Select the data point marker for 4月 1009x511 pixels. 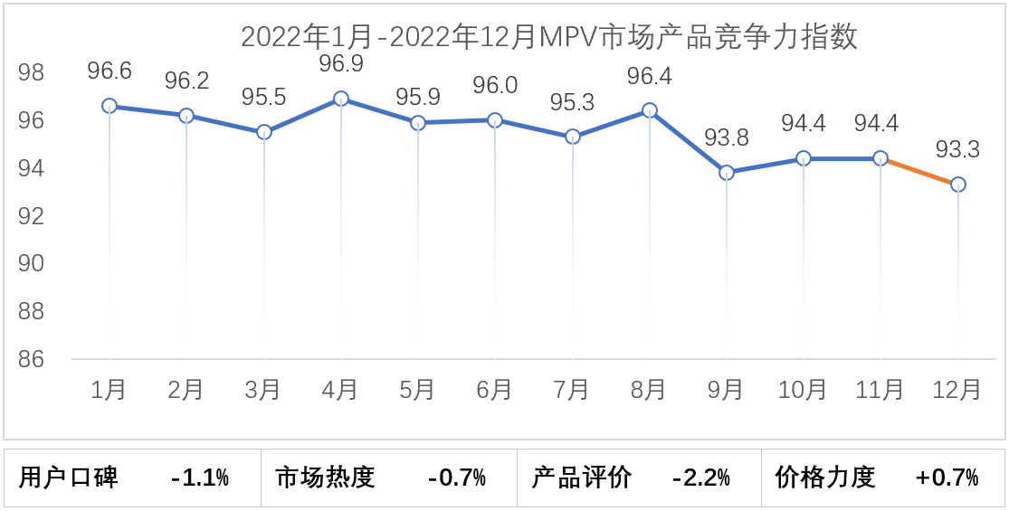click(341, 99)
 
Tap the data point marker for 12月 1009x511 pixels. click(957, 185)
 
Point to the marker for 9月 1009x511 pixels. click(727, 173)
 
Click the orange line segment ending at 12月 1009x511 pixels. click(919, 172)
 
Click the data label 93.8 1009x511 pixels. click(727, 137)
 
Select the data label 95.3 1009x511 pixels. click(572, 102)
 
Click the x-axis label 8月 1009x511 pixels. click(649, 390)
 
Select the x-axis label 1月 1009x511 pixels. click(109, 390)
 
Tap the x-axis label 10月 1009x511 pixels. click(803, 390)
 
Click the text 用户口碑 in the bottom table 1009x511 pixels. click(69, 477)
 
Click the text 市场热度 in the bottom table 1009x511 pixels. click(325, 477)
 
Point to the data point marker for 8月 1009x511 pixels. click(649, 110)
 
